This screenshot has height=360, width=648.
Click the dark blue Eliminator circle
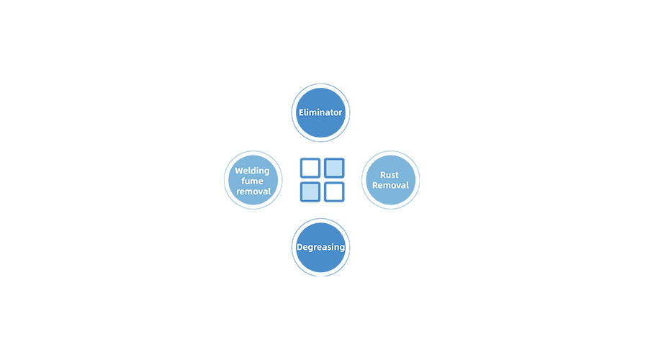(x=320, y=112)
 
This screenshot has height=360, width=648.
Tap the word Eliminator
(x=320, y=112)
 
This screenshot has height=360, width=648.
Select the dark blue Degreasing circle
(x=320, y=247)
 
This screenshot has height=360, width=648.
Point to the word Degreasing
(x=320, y=247)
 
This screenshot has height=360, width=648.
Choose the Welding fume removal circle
(x=253, y=180)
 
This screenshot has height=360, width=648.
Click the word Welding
(x=252, y=171)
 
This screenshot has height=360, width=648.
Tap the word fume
(x=252, y=181)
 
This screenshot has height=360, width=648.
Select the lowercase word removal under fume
(x=253, y=192)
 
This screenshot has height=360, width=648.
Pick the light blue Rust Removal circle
(x=390, y=180)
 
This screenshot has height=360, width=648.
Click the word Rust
(x=390, y=175)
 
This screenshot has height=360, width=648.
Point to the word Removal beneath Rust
(x=390, y=185)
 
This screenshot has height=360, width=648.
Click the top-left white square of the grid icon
(x=310, y=168)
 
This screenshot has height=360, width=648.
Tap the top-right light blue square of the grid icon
(x=334, y=168)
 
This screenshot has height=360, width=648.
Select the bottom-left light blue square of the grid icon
(x=310, y=192)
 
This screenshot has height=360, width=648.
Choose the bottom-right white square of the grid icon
(x=334, y=192)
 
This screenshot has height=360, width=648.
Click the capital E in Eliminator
(x=302, y=112)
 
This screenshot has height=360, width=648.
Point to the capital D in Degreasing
(x=300, y=247)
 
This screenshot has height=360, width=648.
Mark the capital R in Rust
(x=383, y=175)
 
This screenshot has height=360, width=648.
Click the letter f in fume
(x=244, y=181)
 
